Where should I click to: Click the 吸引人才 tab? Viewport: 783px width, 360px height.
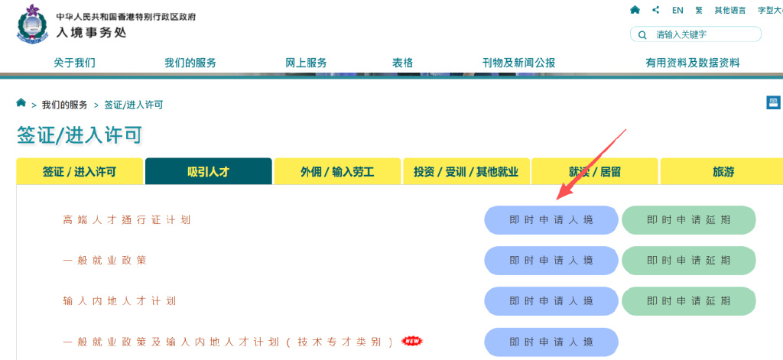[x=208, y=172]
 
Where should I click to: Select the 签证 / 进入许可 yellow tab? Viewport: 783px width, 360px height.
[x=80, y=172]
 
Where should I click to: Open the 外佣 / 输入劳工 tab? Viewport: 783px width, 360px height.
[x=336, y=172]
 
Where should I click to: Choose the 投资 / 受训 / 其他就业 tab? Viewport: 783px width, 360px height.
[x=466, y=172]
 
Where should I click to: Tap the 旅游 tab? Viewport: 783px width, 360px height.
[x=723, y=172]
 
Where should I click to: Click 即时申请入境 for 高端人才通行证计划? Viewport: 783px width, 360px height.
[x=551, y=220]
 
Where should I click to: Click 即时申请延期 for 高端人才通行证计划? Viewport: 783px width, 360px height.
[x=688, y=220]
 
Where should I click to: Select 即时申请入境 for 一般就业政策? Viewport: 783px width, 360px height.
[x=551, y=261]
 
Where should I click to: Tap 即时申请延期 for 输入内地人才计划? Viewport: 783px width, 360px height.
[x=688, y=301]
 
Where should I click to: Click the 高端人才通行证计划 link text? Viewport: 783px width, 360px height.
[x=127, y=220]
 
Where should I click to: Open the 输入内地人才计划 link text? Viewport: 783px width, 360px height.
[x=119, y=301]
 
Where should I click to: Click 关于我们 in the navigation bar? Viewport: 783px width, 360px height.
[x=74, y=63]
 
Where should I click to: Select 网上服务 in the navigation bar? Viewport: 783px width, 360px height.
[x=306, y=63]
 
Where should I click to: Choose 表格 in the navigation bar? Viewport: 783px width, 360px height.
[x=402, y=63]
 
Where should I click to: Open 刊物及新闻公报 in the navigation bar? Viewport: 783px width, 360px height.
[x=518, y=63]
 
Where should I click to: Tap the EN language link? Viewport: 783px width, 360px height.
[x=677, y=10]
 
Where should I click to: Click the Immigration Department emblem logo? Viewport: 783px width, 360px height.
[x=31, y=24]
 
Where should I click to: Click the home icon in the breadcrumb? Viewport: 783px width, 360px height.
[x=21, y=103]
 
